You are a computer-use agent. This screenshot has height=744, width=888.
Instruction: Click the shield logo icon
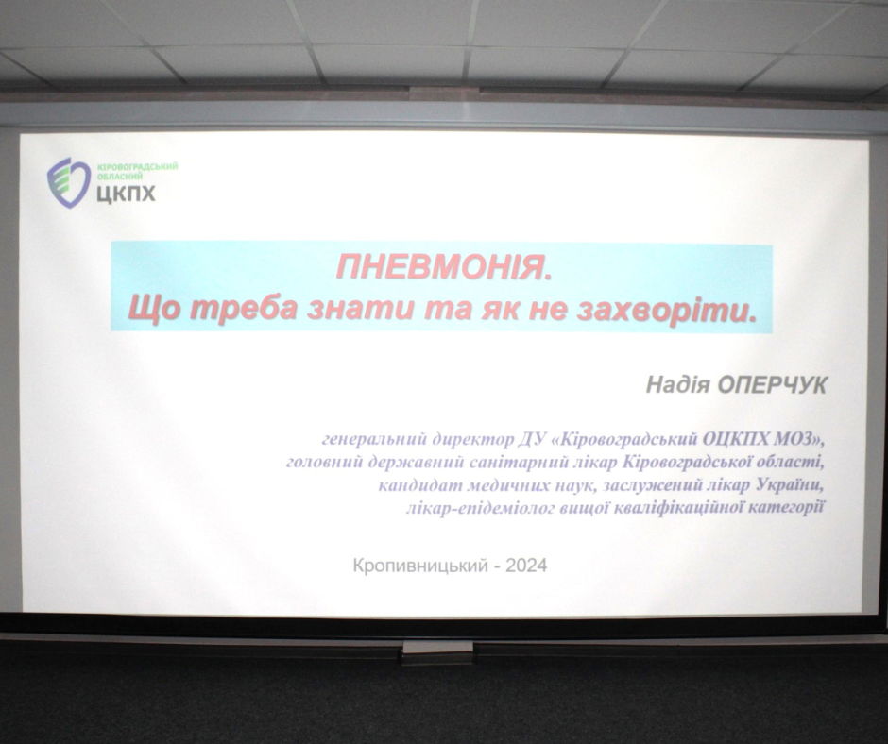pyautogui.click(x=69, y=182)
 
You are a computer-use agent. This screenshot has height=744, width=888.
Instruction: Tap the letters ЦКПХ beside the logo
pyautogui.click(x=126, y=194)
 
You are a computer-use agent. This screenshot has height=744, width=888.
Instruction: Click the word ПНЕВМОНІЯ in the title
pyautogui.click(x=443, y=266)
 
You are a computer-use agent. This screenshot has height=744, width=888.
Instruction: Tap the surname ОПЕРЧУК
pyautogui.click(x=772, y=385)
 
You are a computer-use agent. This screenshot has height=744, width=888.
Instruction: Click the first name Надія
pyautogui.click(x=678, y=385)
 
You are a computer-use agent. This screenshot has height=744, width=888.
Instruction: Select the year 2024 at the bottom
pyautogui.click(x=526, y=565)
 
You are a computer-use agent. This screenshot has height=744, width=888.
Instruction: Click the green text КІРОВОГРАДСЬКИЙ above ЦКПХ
pyautogui.click(x=137, y=167)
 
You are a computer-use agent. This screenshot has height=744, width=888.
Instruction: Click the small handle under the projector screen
pyautogui.click(x=437, y=650)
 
